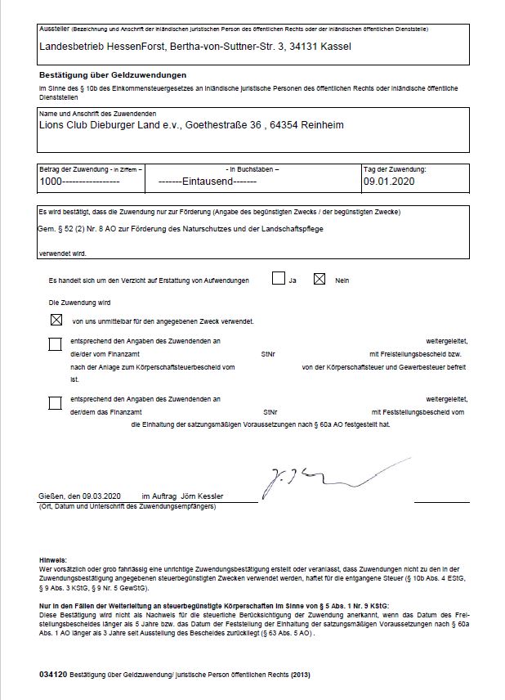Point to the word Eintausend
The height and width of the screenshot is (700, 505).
(x=208, y=181)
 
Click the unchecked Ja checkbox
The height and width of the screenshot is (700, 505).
(x=279, y=279)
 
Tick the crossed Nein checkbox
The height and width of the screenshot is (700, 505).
(x=320, y=279)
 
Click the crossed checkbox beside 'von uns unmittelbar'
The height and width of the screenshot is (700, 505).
(x=56, y=320)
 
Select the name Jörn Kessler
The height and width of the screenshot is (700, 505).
(x=202, y=496)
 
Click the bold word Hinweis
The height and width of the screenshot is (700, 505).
(x=52, y=560)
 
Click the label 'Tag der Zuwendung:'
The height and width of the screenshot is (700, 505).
(x=395, y=168)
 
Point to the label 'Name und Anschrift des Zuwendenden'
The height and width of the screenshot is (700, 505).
(x=98, y=113)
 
